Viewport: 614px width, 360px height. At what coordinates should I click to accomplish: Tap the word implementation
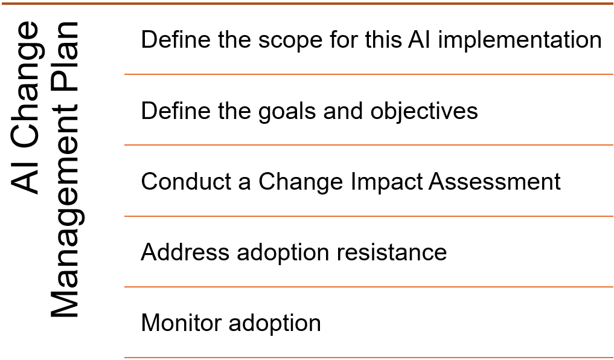520,40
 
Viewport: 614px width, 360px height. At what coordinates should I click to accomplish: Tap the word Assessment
494,182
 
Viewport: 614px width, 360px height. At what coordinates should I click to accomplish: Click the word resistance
392,252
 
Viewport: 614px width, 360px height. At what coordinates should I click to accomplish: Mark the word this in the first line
383,40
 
